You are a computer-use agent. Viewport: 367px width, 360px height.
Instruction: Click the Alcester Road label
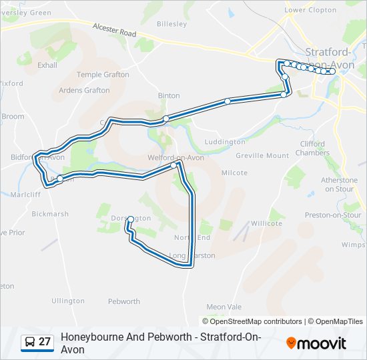click(x=114, y=33)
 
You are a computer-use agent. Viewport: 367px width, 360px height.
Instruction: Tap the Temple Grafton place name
click(x=103, y=75)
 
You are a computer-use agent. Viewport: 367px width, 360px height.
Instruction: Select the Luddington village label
click(x=225, y=142)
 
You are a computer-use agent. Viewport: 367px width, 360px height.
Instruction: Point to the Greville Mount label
click(x=263, y=155)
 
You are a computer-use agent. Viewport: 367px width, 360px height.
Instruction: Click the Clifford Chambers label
click(x=312, y=148)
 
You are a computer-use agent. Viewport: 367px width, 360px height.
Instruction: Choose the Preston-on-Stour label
click(x=333, y=215)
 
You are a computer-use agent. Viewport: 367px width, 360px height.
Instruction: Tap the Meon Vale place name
click(x=224, y=307)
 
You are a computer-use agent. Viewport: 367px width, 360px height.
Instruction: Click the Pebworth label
click(x=124, y=301)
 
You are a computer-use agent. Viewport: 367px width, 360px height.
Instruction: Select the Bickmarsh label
click(x=50, y=215)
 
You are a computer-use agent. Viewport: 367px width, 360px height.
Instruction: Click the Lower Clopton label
click(x=310, y=10)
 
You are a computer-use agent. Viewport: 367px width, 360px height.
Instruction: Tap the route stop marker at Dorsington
click(x=130, y=219)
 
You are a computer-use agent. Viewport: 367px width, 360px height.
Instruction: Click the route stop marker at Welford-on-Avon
click(x=173, y=165)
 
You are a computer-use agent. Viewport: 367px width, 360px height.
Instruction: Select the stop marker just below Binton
click(x=165, y=118)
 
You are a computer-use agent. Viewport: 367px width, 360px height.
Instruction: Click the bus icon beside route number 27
click(x=30, y=342)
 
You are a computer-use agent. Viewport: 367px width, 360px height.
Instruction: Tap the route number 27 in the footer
click(x=45, y=342)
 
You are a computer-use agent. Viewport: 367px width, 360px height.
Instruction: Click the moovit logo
click(x=316, y=343)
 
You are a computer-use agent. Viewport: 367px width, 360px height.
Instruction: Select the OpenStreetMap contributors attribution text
click(x=256, y=321)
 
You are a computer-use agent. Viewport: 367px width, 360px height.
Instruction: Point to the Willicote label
click(x=266, y=223)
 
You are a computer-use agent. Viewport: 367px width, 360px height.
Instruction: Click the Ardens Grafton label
click(x=84, y=90)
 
